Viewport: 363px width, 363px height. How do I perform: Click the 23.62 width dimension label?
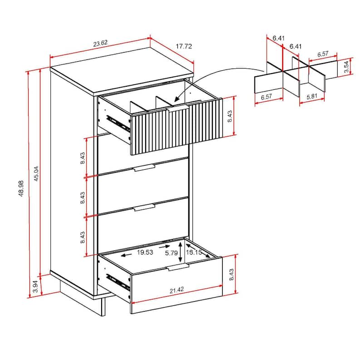[100, 44]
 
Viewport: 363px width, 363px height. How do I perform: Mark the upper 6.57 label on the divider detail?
[323, 54]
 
